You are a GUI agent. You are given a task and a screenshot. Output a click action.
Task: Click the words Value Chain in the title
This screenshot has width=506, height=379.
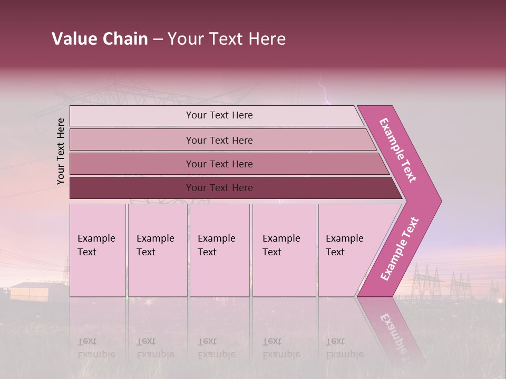click(100, 39)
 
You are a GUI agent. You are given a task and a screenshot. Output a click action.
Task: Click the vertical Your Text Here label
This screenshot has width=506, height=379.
click(61, 151)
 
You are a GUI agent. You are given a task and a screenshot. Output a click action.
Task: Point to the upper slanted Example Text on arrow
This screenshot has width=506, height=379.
click(398, 150)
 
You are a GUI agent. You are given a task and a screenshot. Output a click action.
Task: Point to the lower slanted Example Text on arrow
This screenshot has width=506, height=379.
click(400, 249)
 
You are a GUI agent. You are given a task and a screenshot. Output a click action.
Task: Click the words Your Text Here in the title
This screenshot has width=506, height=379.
click(227, 39)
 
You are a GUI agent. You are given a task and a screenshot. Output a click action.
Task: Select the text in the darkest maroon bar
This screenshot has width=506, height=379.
click(219, 188)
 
